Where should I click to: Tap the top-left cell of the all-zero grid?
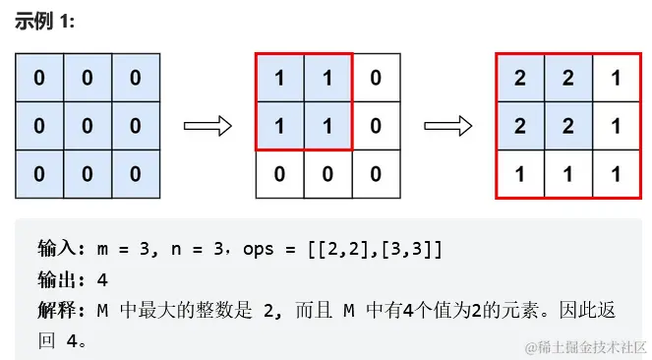tap(39, 78)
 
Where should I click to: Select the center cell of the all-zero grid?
tap(88, 126)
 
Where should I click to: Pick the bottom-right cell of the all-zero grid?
tap(135, 173)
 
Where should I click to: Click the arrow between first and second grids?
tap(207, 126)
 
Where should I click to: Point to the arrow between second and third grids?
tap(447, 126)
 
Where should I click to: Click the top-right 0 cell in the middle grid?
tap(376, 78)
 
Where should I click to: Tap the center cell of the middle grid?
tap(327, 126)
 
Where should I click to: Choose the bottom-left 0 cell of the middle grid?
tap(279, 173)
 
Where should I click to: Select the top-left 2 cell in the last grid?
tap(520, 78)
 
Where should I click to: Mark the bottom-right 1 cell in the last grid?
tap(616, 173)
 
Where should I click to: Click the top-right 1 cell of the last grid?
tap(616, 78)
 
